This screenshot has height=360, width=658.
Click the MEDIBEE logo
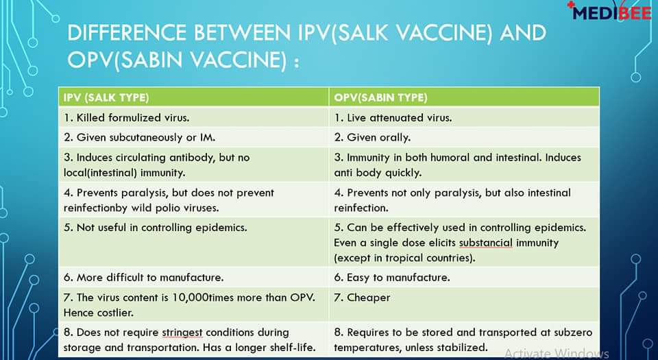[x=611, y=11]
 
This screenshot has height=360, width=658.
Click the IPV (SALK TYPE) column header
[x=106, y=98]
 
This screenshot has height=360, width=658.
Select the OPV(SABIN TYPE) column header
[x=380, y=98]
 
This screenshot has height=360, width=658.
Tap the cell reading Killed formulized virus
[x=193, y=117]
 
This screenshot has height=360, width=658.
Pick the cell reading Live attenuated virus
[x=464, y=117]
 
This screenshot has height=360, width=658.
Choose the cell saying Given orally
[x=464, y=137]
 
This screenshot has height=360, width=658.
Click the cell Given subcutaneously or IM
[x=193, y=137]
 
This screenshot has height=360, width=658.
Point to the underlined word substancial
[x=485, y=243]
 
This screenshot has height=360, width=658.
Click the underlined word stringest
[x=182, y=333]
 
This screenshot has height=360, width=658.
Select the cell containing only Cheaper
[x=464, y=304]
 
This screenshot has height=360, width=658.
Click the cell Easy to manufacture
[x=464, y=277]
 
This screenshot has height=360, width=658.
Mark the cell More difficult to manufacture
[x=193, y=277]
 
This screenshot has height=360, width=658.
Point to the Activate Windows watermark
[x=557, y=354]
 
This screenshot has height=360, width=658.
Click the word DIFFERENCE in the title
[x=127, y=33]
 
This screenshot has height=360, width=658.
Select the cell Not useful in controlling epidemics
[x=193, y=242]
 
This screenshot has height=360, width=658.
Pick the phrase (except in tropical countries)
[x=404, y=258]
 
